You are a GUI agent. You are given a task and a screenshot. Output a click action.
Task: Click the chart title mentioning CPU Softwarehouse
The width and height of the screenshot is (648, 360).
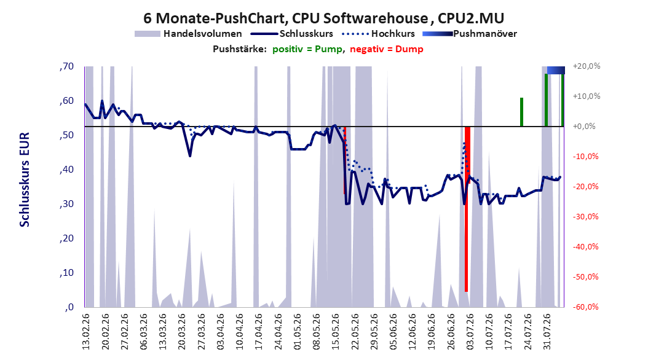(x=323, y=18)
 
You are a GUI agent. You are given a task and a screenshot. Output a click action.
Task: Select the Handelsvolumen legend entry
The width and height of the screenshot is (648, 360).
(x=189, y=34)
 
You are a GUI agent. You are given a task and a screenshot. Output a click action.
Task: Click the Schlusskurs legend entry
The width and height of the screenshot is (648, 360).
(x=292, y=34)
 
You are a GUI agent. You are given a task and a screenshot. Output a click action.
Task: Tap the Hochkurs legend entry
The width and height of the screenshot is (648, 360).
(x=379, y=34)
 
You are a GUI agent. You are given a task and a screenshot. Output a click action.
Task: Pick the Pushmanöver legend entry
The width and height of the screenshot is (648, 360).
(x=470, y=34)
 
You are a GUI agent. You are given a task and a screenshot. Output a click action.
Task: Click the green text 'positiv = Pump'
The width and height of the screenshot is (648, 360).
(x=307, y=49)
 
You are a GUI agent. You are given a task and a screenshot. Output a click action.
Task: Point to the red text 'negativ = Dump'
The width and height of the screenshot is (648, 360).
(x=387, y=49)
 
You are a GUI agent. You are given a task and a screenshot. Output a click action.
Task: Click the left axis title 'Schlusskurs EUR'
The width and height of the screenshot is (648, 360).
(x=25, y=179)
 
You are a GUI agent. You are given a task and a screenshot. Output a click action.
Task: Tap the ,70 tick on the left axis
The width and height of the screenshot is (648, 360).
(x=66, y=66)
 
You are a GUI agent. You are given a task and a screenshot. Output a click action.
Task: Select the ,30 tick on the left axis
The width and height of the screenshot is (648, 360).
(x=66, y=204)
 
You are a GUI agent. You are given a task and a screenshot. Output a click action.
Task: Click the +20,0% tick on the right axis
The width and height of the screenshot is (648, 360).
(x=587, y=66)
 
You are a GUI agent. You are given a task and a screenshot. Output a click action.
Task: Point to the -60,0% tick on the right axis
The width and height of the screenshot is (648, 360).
(x=585, y=307)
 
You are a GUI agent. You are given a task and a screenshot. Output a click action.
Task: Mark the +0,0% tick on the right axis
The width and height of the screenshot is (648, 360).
(x=584, y=127)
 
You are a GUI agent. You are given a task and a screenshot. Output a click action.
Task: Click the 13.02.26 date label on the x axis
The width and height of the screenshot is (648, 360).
(x=86, y=332)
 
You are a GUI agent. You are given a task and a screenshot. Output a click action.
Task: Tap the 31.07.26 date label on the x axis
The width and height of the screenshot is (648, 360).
(x=547, y=332)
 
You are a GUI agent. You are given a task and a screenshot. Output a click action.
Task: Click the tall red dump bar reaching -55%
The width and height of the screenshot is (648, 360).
(x=467, y=209)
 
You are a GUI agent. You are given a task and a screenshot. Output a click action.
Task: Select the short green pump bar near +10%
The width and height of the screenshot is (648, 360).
(x=521, y=112)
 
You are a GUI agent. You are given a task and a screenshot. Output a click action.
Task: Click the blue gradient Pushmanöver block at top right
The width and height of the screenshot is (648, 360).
(x=556, y=70)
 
